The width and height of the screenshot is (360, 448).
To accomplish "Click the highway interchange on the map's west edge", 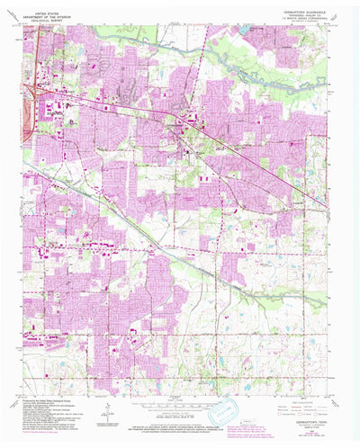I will click(x=30, y=91).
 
